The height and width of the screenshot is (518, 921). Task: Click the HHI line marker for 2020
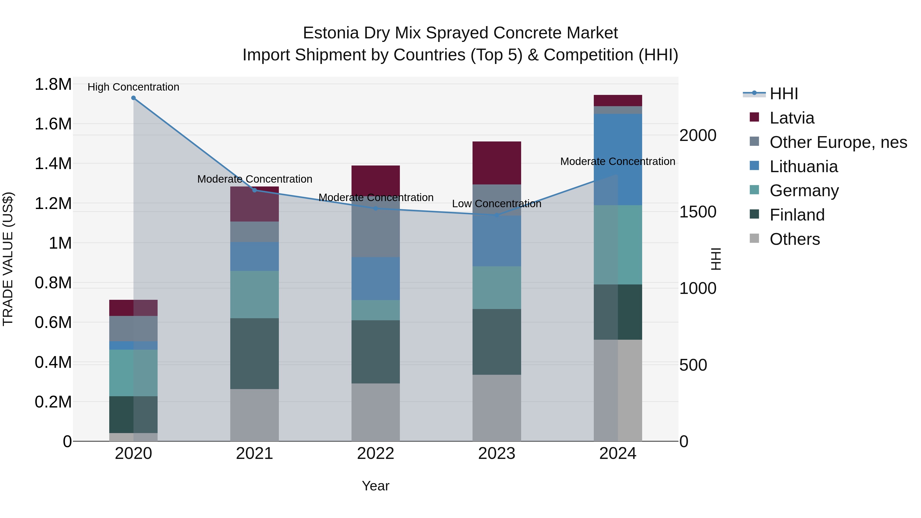(x=133, y=98)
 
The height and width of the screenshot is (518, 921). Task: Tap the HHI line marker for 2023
(x=497, y=215)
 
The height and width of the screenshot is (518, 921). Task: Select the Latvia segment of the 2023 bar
(x=497, y=163)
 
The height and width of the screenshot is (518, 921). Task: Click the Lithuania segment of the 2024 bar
(x=618, y=159)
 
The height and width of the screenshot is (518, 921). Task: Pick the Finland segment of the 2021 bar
(x=254, y=353)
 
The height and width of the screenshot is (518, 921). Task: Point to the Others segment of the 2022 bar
(x=375, y=412)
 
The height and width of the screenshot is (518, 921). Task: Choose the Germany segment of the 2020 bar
(x=133, y=373)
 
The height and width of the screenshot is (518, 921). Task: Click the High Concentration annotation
(x=133, y=87)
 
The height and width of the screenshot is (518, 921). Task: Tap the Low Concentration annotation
(x=497, y=204)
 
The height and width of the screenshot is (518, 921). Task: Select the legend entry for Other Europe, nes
(x=838, y=142)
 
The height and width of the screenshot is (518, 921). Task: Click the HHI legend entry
(x=783, y=94)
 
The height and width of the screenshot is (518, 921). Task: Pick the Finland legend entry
(x=797, y=215)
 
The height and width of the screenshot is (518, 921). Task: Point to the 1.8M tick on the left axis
(x=53, y=85)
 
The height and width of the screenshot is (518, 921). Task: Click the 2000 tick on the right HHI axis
(x=698, y=136)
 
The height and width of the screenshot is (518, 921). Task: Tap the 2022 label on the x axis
(x=375, y=454)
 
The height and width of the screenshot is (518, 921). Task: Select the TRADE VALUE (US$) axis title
(x=8, y=259)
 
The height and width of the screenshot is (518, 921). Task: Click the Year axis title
(x=375, y=486)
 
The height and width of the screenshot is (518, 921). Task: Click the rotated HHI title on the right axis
(x=716, y=259)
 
